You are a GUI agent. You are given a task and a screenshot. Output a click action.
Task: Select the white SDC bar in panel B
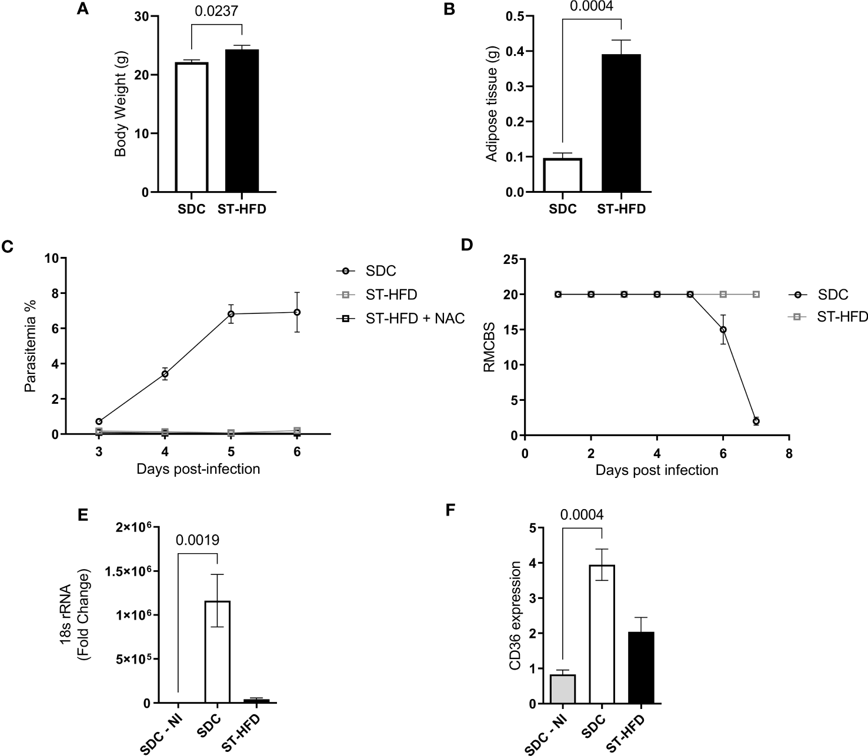pos(563,175)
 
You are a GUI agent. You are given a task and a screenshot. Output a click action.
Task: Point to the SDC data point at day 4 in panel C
pos(165,374)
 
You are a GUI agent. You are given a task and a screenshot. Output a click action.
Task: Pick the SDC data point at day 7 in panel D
pos(756,421)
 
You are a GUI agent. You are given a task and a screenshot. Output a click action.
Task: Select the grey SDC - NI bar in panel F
pos(563,688)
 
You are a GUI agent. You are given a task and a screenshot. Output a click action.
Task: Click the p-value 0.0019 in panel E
pos(198,540)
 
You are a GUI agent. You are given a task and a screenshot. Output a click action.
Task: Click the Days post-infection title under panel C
pos(198,469)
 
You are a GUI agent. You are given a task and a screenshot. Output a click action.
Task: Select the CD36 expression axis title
pos(515,615)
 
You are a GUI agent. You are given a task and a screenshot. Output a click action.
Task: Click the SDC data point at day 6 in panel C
pos(297,312)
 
